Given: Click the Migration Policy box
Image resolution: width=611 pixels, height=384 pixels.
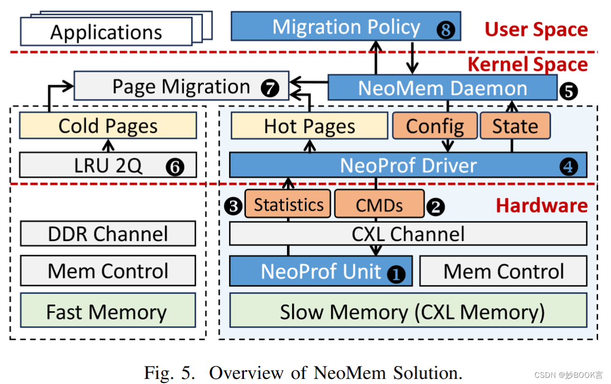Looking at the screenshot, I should click(x=345, y=27).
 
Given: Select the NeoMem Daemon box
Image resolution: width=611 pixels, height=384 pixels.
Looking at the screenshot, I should click(x=442, y=88).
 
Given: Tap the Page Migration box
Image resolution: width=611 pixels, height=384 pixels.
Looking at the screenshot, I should click(x=181, y=86).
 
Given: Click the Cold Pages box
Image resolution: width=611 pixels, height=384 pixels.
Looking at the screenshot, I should click(x=108, y=126).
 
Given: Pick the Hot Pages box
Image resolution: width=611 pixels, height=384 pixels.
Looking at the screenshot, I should click(x=309, y=127).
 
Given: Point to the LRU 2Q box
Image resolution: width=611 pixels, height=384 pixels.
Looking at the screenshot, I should click(x=108, y=165).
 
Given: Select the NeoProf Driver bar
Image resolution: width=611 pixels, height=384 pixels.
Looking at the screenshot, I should click(x=408, y=165).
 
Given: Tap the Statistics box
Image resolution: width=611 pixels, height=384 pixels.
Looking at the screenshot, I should click(x=288, y=205).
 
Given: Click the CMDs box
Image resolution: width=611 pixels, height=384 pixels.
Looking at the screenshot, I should click(x=379, y=205).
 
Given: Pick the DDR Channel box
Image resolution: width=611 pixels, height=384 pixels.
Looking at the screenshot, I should click(x=108, y=234).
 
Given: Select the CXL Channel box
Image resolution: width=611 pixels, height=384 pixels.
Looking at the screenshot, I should click(x=408, y=234).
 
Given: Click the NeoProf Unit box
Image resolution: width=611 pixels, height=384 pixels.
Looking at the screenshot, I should click(x=321, y=271).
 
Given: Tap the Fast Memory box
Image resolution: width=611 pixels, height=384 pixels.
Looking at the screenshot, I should click(x=108, y=311).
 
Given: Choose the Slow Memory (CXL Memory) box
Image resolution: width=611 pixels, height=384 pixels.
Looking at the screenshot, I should click(x=408, y=311).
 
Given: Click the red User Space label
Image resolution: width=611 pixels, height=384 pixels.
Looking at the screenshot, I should click(x=536, y=30).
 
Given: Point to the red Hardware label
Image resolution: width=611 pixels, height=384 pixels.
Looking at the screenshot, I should click(x=541, y=205).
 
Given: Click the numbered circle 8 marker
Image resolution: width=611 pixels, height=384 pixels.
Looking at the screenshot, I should click(x=445, y=30).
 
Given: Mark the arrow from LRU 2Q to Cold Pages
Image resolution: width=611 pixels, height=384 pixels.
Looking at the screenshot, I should click(x=108, y=145).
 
